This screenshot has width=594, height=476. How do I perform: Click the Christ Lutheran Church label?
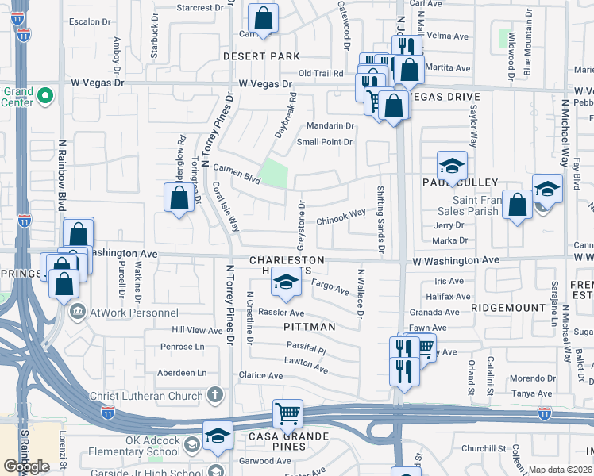[152, 394]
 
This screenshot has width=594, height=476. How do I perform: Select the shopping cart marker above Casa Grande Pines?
[287, 413]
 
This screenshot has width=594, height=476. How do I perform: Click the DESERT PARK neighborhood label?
[261, 56]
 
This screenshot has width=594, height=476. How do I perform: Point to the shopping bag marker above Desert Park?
[263, 17]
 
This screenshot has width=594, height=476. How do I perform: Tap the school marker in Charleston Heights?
[286, 279]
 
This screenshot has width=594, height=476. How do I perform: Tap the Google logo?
[26, 466]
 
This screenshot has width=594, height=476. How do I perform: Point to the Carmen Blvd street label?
[237, 175]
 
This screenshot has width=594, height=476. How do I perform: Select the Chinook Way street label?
[341, 215]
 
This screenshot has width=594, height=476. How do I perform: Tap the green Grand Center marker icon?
[45, 97]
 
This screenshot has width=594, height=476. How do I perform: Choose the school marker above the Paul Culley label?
[452, 166]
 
